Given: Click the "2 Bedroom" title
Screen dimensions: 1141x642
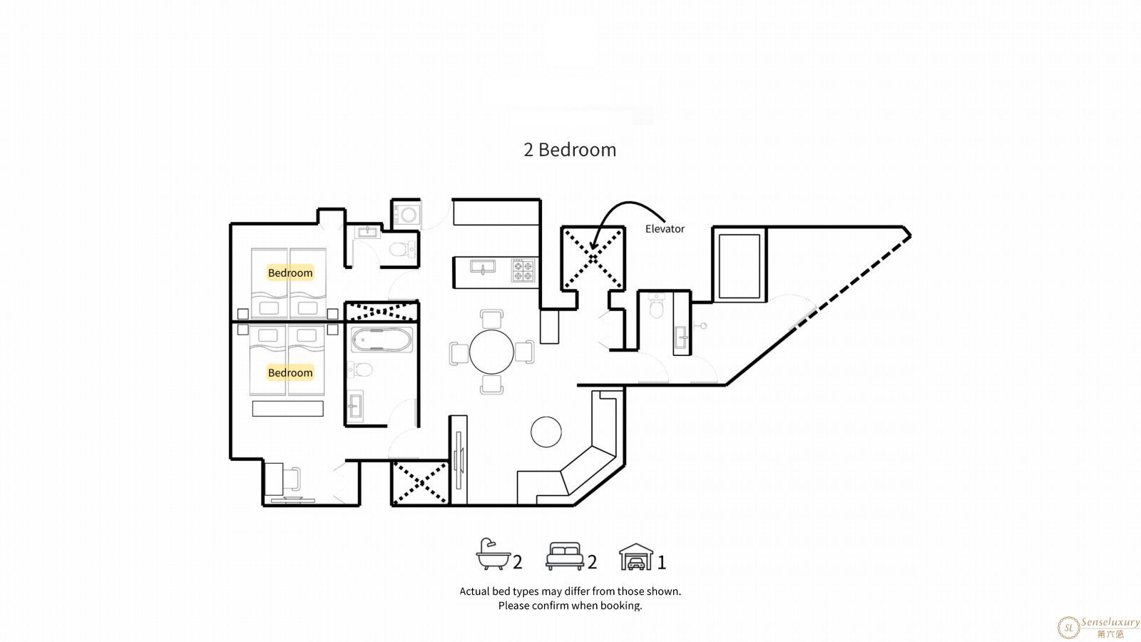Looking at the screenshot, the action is click(570, 150).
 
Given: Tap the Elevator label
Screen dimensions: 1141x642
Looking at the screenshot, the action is click(665, 229).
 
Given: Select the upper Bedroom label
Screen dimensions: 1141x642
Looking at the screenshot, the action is click(290, 272).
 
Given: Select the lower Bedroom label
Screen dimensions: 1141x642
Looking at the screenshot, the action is click(290, 372).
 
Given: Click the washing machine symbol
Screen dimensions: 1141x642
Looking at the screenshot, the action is click(407, 214).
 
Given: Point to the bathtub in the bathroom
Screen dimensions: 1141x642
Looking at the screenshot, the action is click(382, 340).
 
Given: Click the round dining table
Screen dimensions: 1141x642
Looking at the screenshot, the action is click(491, 352).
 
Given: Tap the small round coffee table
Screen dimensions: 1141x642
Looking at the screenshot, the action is click(546, 432).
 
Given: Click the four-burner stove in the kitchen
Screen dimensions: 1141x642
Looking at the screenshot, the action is click(523, 270).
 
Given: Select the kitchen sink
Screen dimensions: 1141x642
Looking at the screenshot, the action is click(482, 267).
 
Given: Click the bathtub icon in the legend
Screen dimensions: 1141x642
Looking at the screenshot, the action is click(493, 554).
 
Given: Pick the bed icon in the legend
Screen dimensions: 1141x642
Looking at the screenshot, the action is click(565, 556).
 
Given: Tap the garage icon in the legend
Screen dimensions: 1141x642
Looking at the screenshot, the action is click(636, 556).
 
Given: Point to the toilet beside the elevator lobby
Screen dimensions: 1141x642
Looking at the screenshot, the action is click(657, 306).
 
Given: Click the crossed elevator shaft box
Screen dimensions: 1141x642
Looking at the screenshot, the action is click(593, 259).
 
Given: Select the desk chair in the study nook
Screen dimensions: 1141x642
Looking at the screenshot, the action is click(292, 479).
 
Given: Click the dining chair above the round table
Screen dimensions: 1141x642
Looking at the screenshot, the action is click(491, 319).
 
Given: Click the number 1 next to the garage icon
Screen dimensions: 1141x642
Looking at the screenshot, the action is click(662, 563).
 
